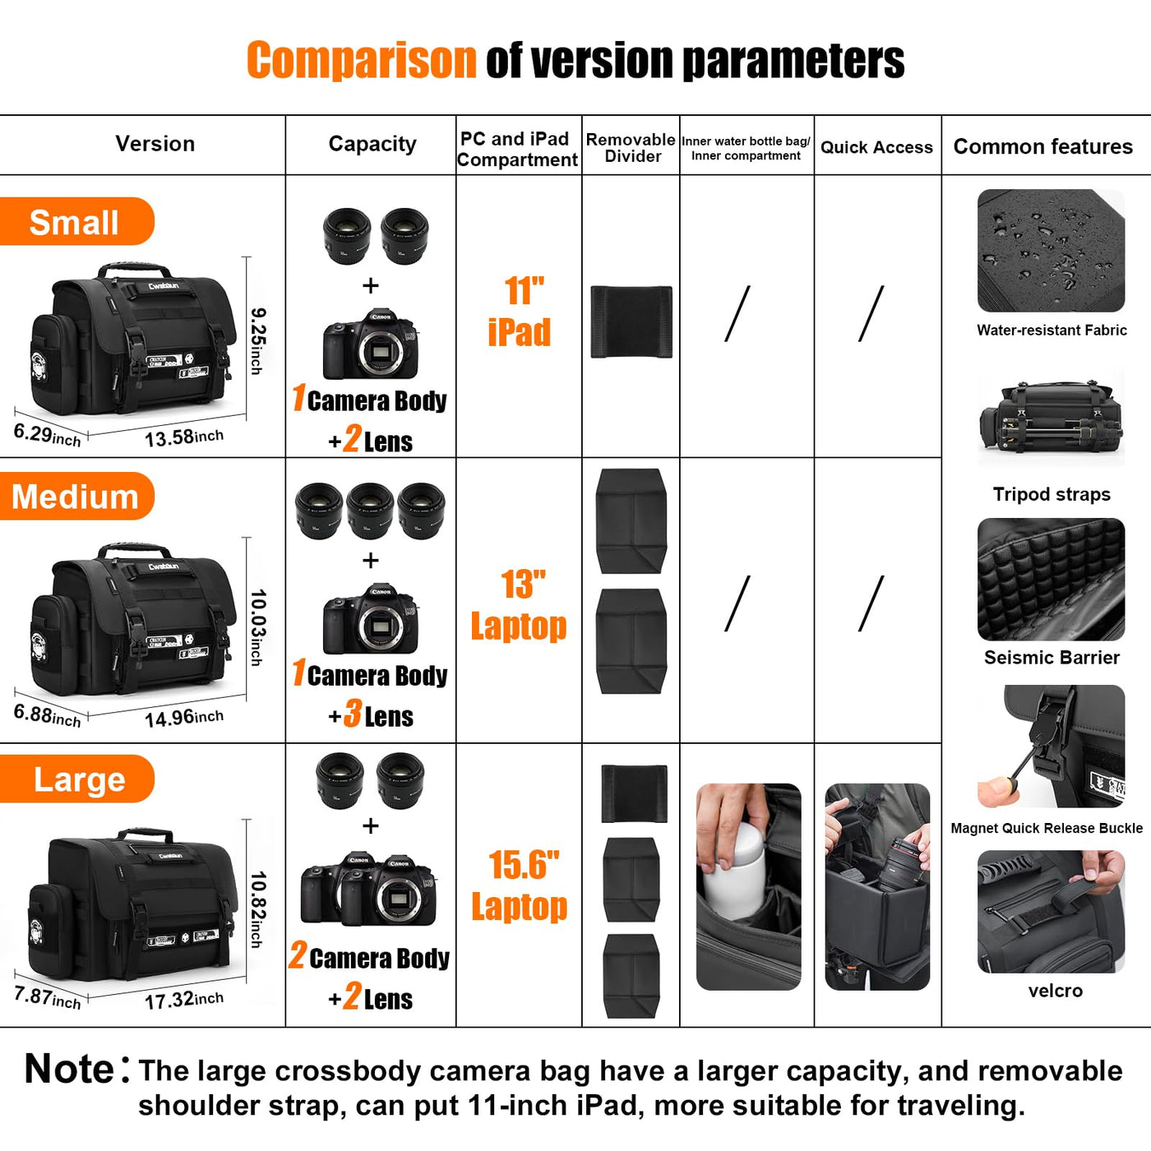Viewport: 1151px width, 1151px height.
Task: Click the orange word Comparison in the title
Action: (x=362, y=60)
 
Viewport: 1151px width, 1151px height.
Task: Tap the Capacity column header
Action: (x=372, y=144)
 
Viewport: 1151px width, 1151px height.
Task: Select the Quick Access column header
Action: (x=876, y=147)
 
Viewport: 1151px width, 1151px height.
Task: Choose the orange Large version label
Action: (x=77, y=779)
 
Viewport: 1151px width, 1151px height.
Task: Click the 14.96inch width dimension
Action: (x=184, y=718)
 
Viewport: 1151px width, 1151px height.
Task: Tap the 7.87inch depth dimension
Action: (x=47, y=997)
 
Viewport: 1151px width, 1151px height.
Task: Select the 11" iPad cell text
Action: (x=519, y=312)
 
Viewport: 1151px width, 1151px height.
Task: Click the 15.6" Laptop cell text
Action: (x=519, y=885)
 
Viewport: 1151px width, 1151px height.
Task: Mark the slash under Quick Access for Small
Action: (x=871, y=313)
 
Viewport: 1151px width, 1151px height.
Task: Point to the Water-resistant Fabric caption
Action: (x=1052, y=331)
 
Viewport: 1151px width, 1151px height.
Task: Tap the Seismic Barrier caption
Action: (x=1052, y=658)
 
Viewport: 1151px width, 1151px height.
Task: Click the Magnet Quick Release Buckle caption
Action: (x=1047, y=828)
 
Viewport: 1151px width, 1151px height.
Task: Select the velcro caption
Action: (x=1055, y=991)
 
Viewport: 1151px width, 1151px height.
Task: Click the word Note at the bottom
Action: (x=69, y=1069)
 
